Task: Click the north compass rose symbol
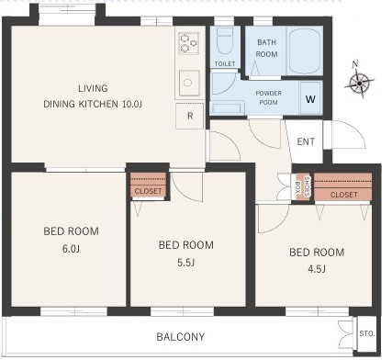pyautogui.click(x=359, y=83)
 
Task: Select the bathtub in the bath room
pyautogui.click(x=305, y=51)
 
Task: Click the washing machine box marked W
pyautogui.click(x=310, y=98)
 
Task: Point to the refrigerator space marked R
pyautogui.click(x=190, y=116)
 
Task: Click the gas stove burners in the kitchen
pyautogui.click(x=188, y=43)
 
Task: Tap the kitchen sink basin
pyautogui.click(x=189, y=83)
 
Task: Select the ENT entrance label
pyautogui.click(x=306, y=141)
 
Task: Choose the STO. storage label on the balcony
pyautogui.click(x=367, y=333)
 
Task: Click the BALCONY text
pyautogui.click(x=181, y=337)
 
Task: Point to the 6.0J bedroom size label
pyautogui.click(x=71, y=249)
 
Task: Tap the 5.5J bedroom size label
pyautogui.click(x=185, y=263)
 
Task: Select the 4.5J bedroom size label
pyautogui.click(x=317, y=269)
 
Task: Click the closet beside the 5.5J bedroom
pyautogui.click(x=148, y=185)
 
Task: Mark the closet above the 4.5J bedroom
pyautogui.click(x=343, y=187)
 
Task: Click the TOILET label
pyautogui.click(x=225, y=63)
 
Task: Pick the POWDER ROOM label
pyautogui.click(x=269, y=97)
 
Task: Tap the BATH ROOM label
pyautogui.click(x=267, y=48)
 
